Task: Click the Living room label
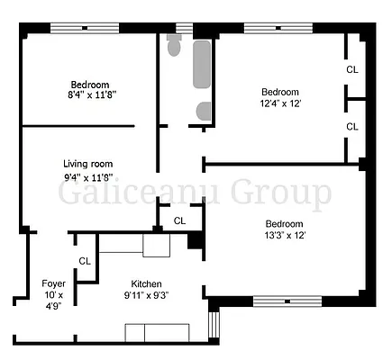point(87,163)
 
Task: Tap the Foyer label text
point(53,283)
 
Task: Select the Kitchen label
point(147,282)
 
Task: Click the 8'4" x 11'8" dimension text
point(90,93)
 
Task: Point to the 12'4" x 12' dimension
point(280,103)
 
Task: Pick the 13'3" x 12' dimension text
point(284,236)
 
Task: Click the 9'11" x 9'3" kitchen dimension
point(147,294)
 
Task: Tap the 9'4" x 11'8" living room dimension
point(87,176)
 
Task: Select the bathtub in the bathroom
point(201,72)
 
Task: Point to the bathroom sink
point(205,112)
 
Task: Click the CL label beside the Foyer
point(85,261)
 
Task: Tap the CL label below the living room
point(179,220)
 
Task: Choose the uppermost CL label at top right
point(351,69)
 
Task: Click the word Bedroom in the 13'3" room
point(284,223)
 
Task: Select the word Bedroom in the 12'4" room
point(280,91)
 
